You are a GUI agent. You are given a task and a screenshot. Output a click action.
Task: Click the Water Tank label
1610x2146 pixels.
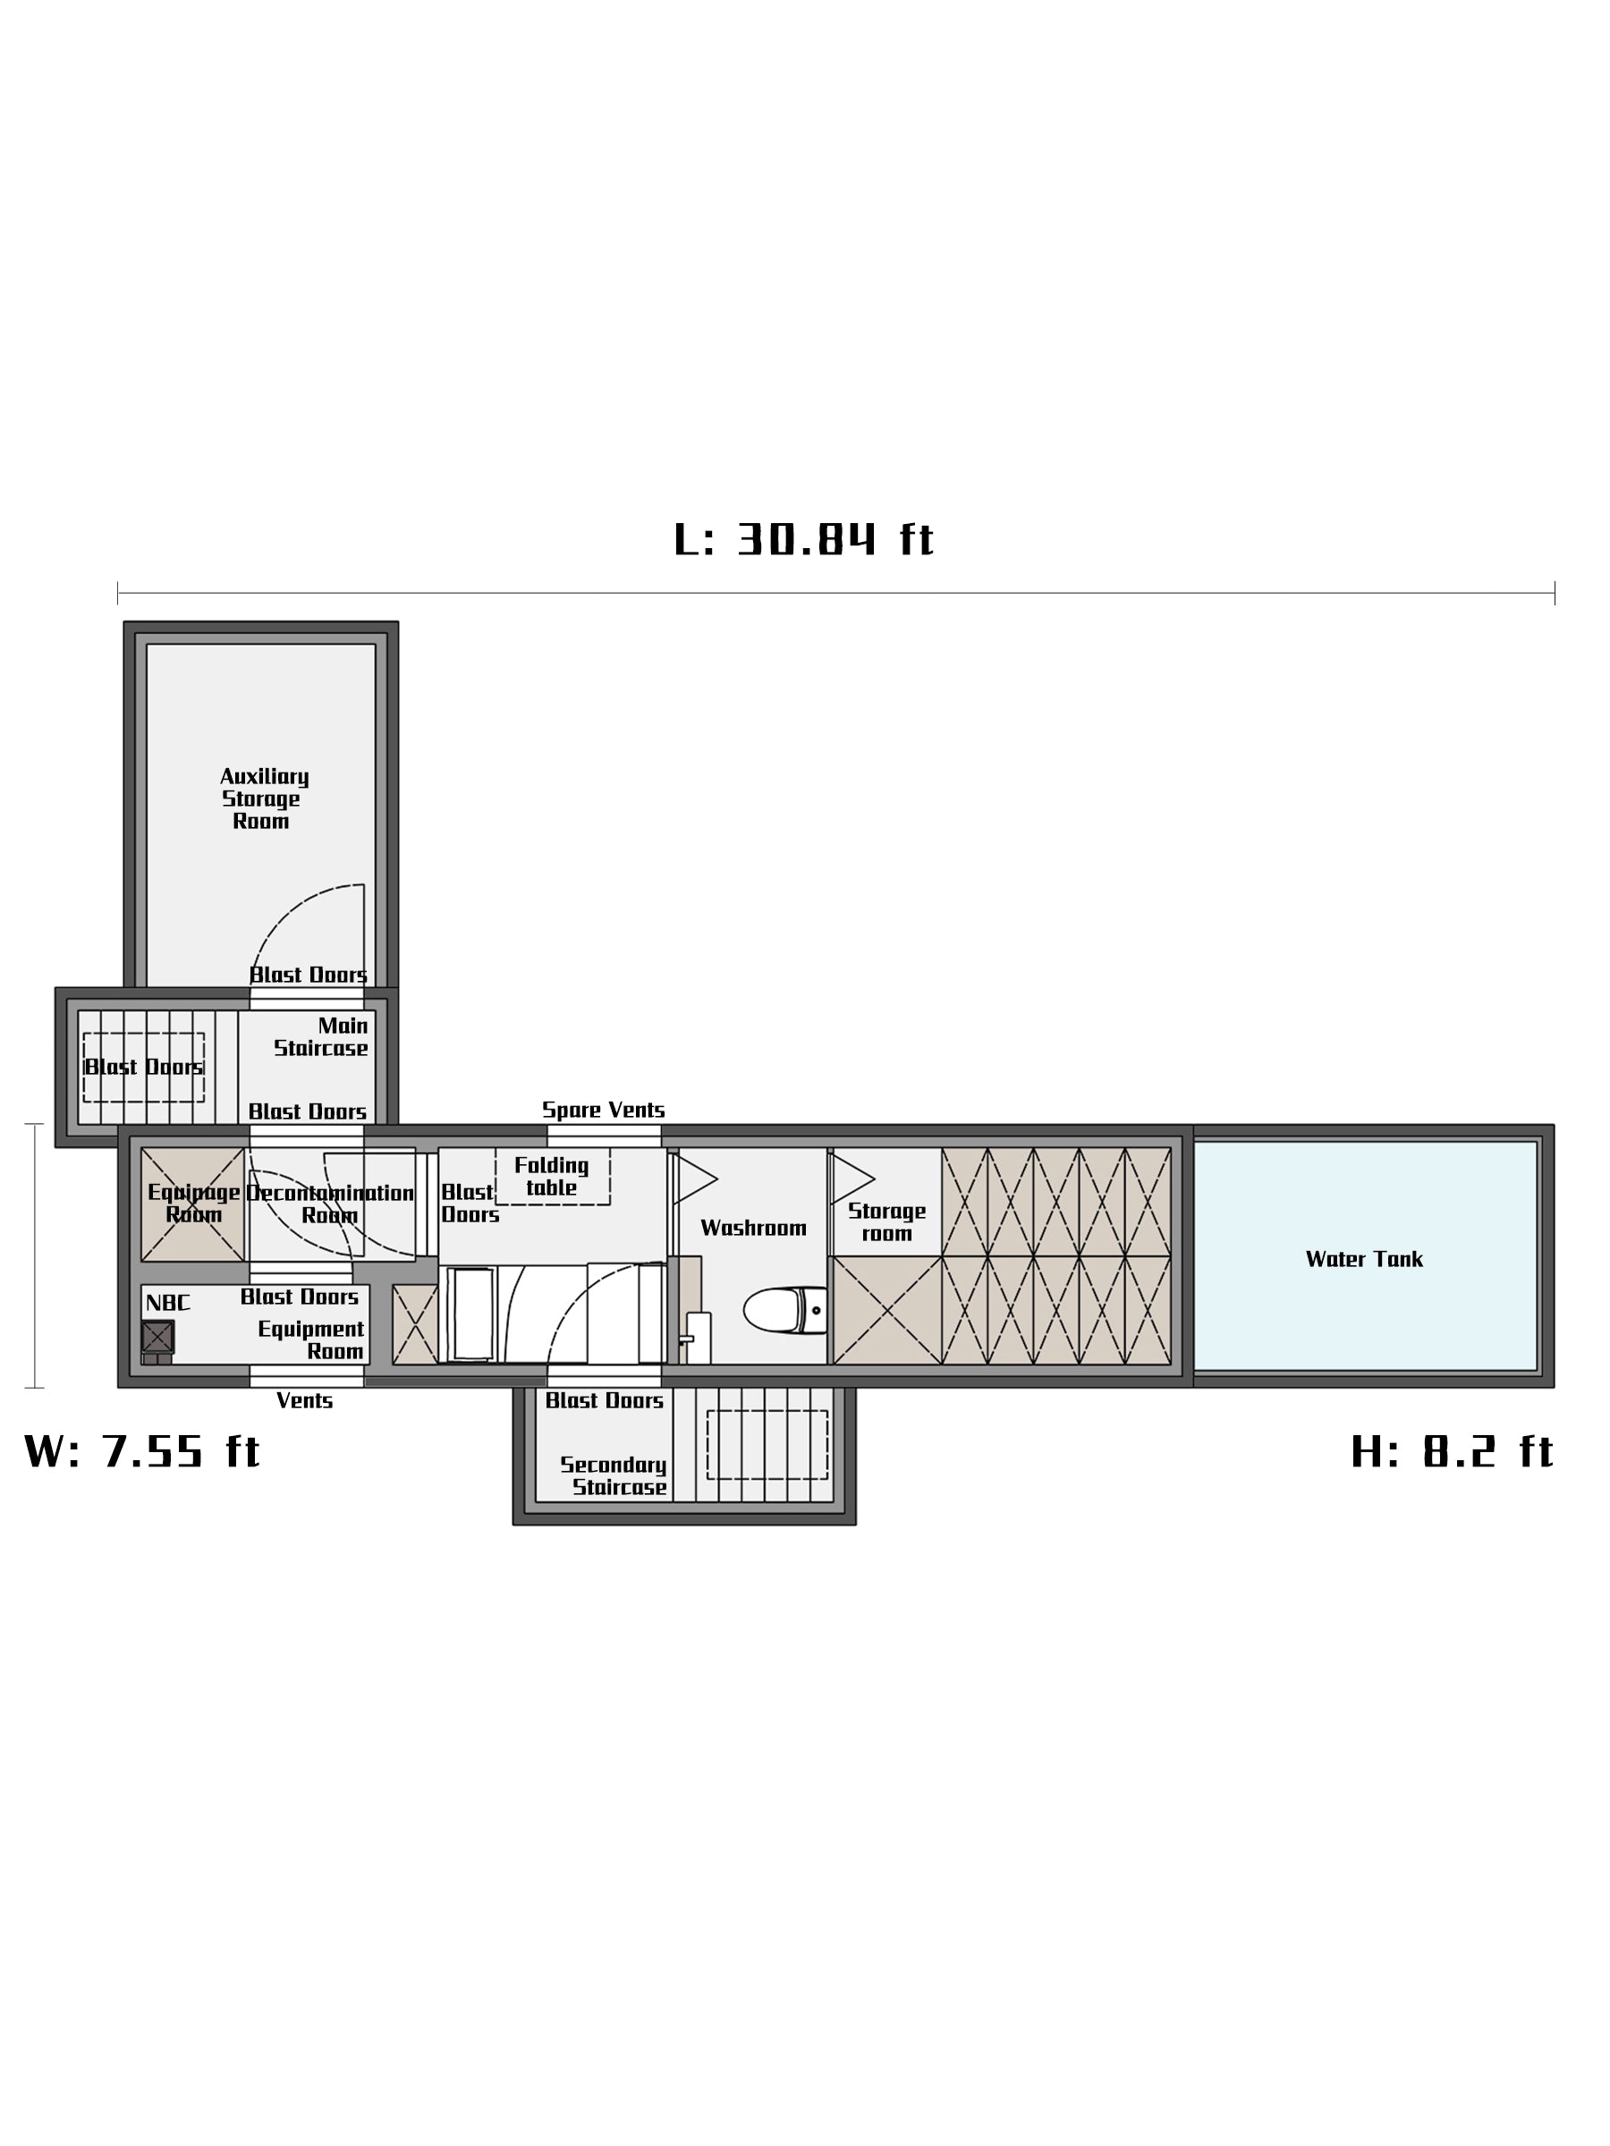[x=1363, y=1259]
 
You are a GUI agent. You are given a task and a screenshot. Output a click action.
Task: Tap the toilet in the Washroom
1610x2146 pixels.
[x=785, y=1310]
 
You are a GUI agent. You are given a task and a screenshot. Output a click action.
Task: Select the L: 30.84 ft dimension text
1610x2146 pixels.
[x=803, y=539]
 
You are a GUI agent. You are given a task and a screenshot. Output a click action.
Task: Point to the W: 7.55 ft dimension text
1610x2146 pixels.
[x=141, y=1451]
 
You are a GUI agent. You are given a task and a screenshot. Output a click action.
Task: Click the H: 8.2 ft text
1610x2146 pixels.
[x=1452, y=1451]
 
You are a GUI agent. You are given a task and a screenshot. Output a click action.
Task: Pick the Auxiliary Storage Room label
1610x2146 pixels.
[x=263, y=798]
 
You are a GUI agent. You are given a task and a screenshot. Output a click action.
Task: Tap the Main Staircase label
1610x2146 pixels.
[x=321, y=1037]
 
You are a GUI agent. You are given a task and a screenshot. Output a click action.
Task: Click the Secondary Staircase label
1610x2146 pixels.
[x=614, y=1475]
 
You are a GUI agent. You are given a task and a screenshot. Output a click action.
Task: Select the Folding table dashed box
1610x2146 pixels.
[x=552, y=1176]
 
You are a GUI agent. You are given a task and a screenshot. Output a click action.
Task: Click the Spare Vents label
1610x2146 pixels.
[x=603, y=1110]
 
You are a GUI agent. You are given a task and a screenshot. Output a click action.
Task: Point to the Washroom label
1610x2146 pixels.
[x=753, y=1229]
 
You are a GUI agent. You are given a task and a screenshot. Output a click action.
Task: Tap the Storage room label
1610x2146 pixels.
[x=887, y=1222]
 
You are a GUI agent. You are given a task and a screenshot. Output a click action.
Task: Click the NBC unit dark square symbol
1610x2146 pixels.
[x=157, y=1337]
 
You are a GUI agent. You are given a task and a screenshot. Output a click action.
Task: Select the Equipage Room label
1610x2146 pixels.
[x=193, y=1203]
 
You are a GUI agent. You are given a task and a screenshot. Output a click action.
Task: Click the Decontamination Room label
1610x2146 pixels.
[x=330, y=1204]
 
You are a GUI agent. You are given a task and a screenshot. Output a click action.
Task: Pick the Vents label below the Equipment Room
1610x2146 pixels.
[x=304, y=1401]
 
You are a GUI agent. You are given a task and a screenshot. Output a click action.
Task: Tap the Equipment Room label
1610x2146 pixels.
[x=310, y=1339]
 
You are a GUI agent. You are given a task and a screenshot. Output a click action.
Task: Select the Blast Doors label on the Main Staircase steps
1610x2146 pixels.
[x=144, y=1067]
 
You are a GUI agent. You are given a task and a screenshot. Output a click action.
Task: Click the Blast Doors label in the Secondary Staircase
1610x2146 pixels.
[x=604, y=1401]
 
